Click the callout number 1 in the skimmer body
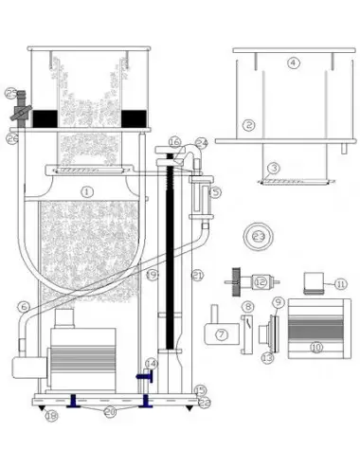coord(86,190)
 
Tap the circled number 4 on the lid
coord(293,63)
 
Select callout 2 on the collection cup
coord(248,124)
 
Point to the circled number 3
coord(274,168)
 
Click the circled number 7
coord(221,334)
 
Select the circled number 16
coord(173,142)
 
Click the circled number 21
coord(198,275)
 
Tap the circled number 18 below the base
coord(52,415)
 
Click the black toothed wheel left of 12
coord(233,281)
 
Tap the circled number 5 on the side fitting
coord(216,192)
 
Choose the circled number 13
coord(266,356)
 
